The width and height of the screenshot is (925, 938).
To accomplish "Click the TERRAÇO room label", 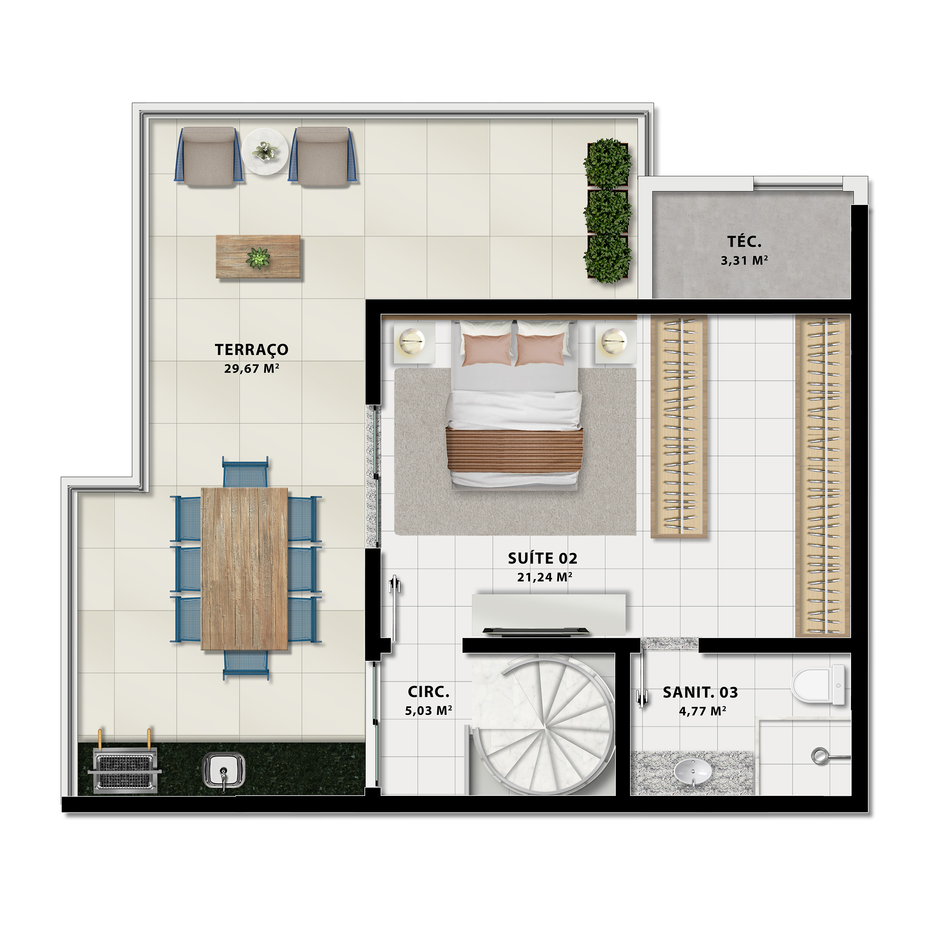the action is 252,350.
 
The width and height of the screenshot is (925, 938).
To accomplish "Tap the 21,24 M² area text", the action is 544,577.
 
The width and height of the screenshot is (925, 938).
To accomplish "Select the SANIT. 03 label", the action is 700,692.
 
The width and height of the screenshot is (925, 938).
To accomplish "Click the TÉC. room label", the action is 744,241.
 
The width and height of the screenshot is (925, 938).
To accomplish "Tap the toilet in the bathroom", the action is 819,685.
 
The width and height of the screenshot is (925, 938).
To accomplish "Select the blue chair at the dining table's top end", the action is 245,473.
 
